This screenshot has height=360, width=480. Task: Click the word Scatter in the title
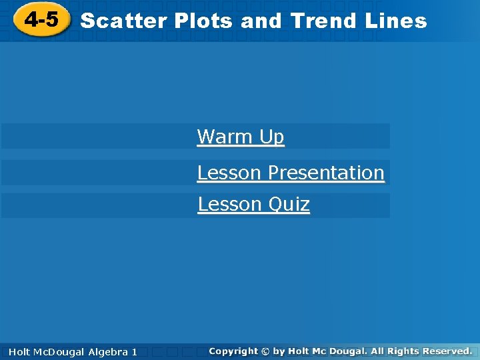coord(124,21)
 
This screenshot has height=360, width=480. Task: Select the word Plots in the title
coord(204,21)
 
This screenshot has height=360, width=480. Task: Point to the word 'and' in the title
coord(262,21)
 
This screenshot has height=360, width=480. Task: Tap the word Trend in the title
coord(324,21)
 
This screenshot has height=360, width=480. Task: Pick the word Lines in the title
coord(396,21)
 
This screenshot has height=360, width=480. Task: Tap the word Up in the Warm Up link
coord(272,137)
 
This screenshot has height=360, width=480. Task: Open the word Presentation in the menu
coord(326,173)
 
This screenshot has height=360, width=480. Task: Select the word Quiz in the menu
coord(289,204)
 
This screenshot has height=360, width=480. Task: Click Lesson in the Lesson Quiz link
coord(230,204)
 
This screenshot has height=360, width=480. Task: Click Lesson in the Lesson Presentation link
coord(229,173)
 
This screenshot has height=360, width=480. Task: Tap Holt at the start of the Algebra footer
coord(21,351)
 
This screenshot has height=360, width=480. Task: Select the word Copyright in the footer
coord(233,351)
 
